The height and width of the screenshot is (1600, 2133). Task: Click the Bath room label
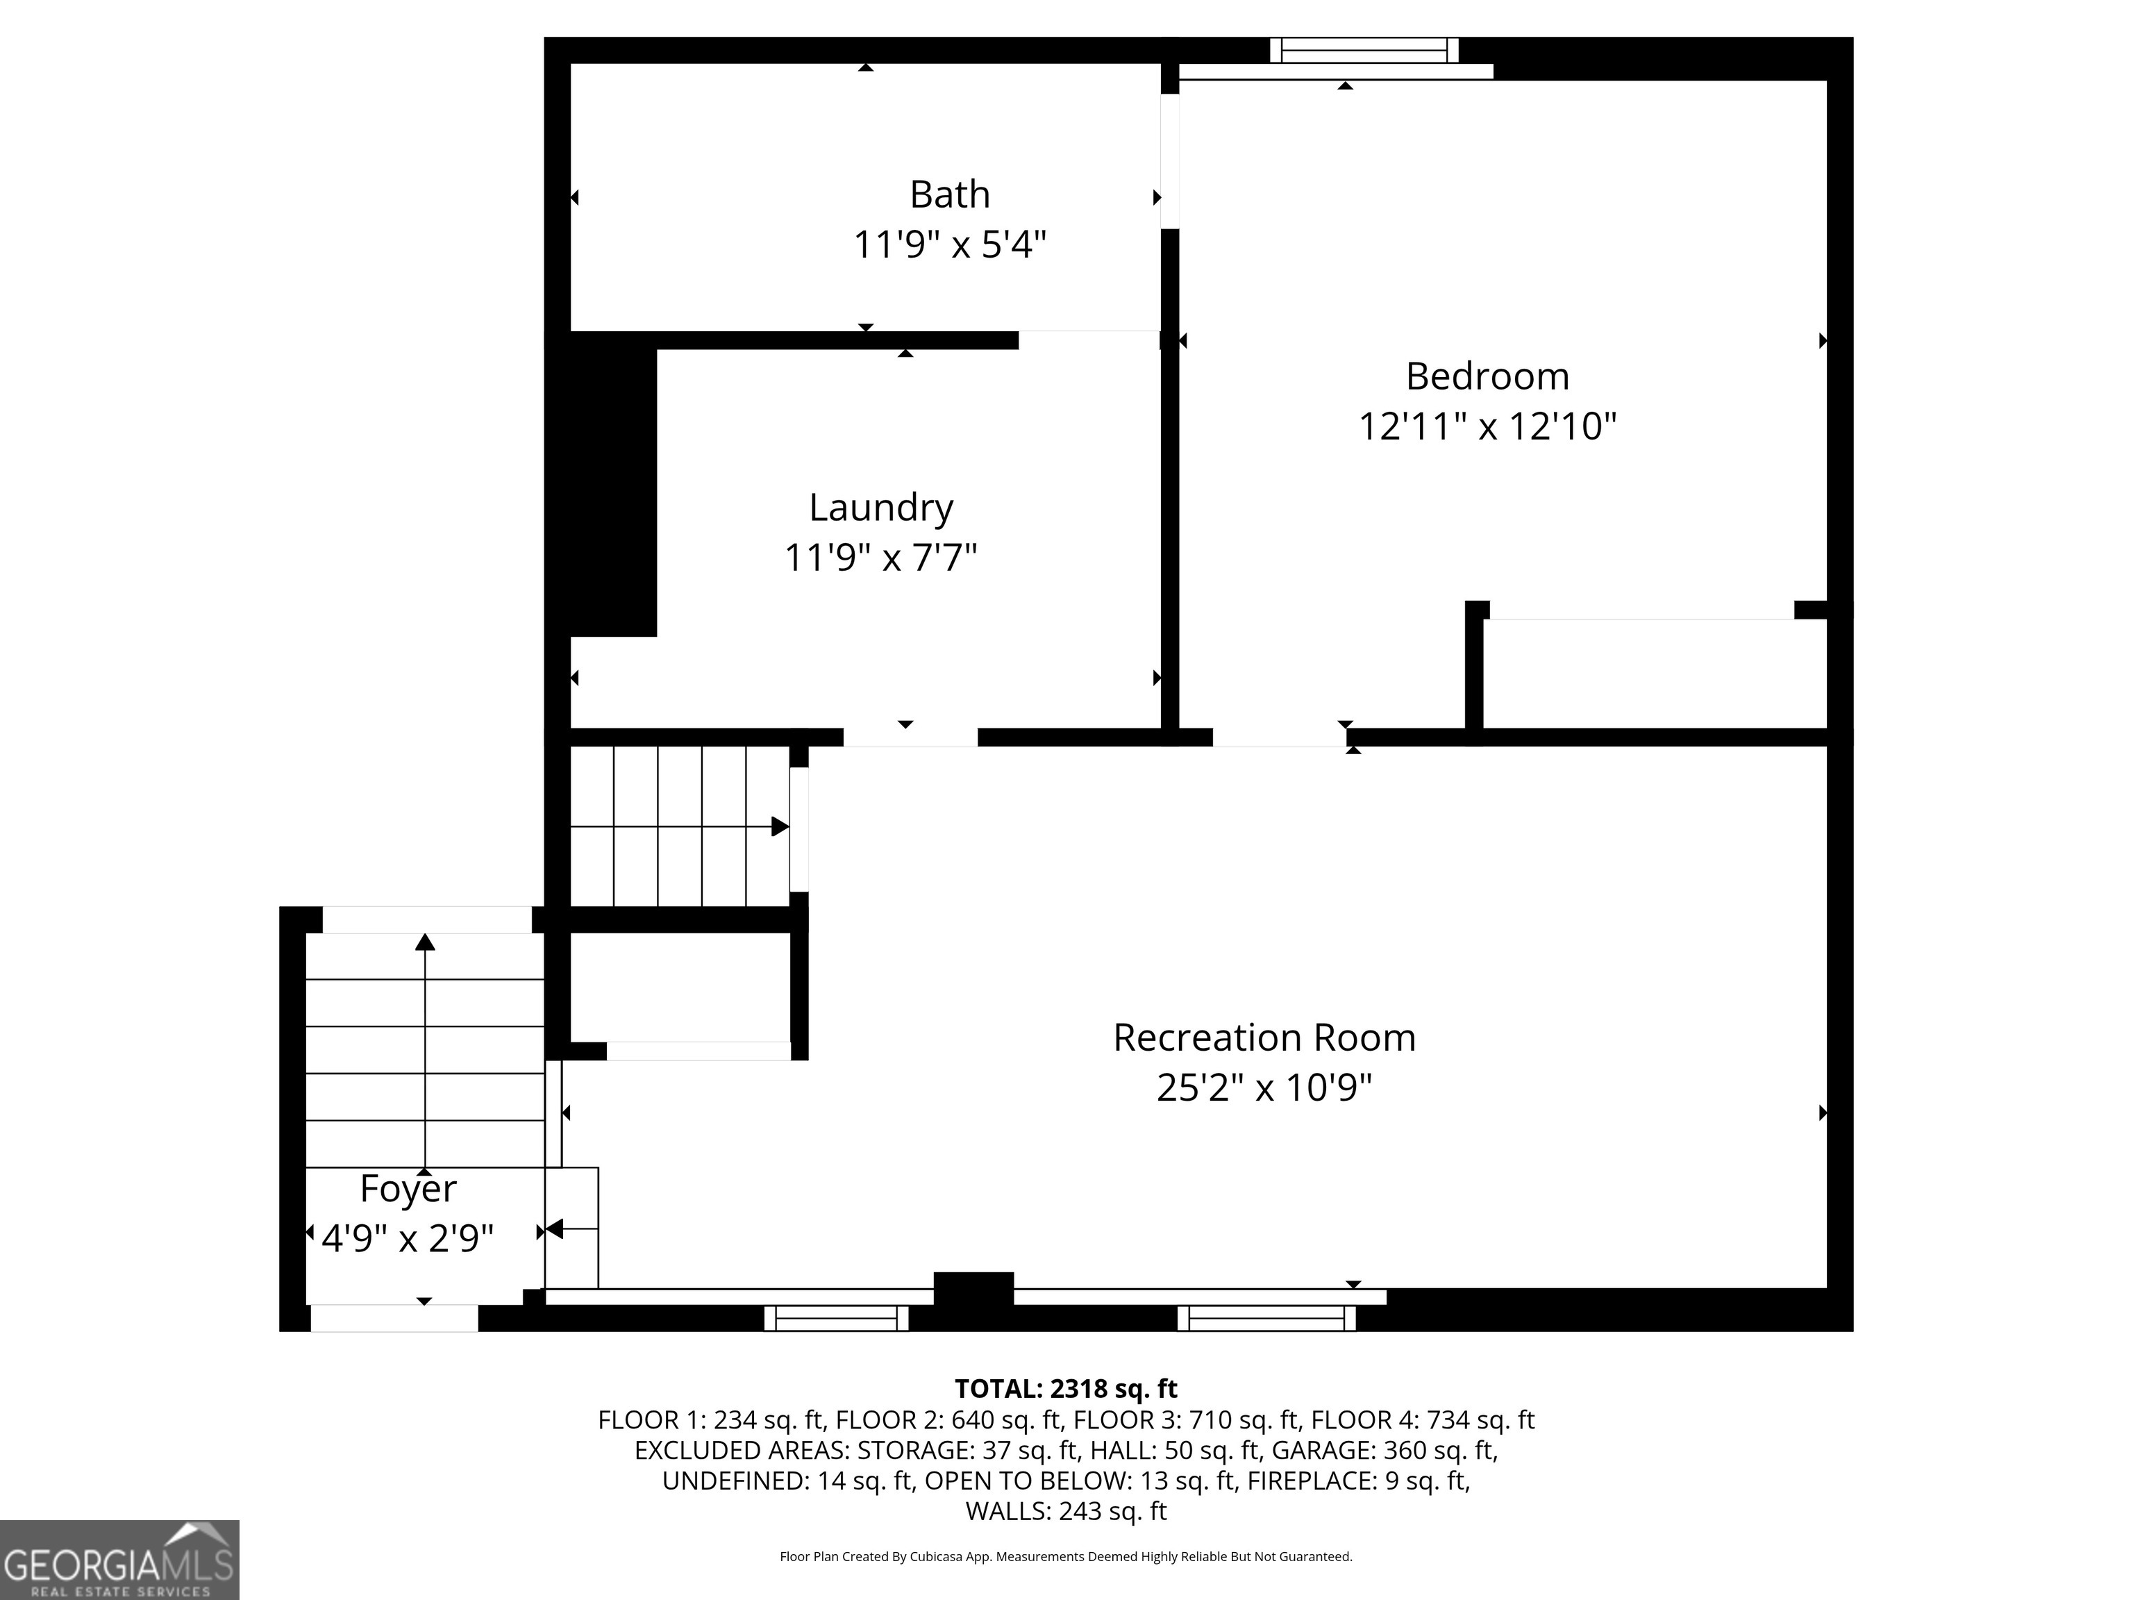[x=950, y=195]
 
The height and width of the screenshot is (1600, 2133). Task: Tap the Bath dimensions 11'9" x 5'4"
[x=950, y=245]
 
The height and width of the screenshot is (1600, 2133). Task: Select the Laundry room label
[x=880, y=508]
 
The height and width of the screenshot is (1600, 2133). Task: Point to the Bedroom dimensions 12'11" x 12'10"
[x=1487, y=426]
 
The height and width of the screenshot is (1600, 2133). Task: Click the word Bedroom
[x=1487, y=376]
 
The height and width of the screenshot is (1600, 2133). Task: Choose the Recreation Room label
[x=1264, y=1037]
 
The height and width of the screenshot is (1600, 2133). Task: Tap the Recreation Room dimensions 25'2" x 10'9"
[x=1264, y=1088]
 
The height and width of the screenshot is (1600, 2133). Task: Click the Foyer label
[x=408, y=1189]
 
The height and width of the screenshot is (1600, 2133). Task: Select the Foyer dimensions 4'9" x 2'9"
[x=408, y=1238]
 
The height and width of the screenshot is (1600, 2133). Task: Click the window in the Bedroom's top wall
[x=1364, y=50]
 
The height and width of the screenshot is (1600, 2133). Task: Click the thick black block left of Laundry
[x=613, y=492]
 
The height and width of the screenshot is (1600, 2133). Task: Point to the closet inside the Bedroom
[x=1654, y=673]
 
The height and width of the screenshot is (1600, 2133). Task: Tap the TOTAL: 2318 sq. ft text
[x=1066, y=1389]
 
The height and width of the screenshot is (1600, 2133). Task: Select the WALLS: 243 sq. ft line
[x=1066, y=1511]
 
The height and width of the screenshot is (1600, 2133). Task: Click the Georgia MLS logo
[x=119, y=1560]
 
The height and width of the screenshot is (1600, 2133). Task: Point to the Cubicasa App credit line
[x=1066, y=1557]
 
